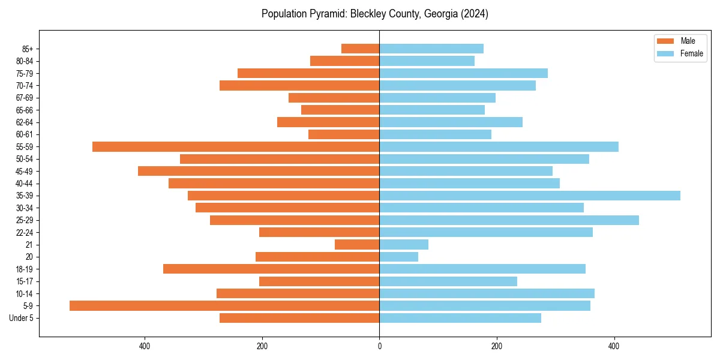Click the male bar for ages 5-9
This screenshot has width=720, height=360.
pos(224,306)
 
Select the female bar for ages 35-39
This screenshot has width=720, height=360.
pos(530,196)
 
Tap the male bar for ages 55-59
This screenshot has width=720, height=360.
pos(236,147)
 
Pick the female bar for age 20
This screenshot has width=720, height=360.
pos(398,257)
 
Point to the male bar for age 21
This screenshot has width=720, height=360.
pos(357,245)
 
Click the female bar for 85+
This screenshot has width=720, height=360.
pos(431,49)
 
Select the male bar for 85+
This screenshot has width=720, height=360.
pos(360,49)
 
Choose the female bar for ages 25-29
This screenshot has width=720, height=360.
pos(509,220)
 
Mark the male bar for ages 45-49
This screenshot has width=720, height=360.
pos(259,171)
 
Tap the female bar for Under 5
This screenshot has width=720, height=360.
pos(460,318)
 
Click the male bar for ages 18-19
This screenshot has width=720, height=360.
pos(271,269)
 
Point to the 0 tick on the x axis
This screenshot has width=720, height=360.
pos(379,346)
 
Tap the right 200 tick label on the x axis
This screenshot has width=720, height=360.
pos(497,346)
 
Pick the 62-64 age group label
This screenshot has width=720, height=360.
pos(25,122)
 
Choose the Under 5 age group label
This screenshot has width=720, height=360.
pos(22,318)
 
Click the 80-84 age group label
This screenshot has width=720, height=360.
pos(25,61)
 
